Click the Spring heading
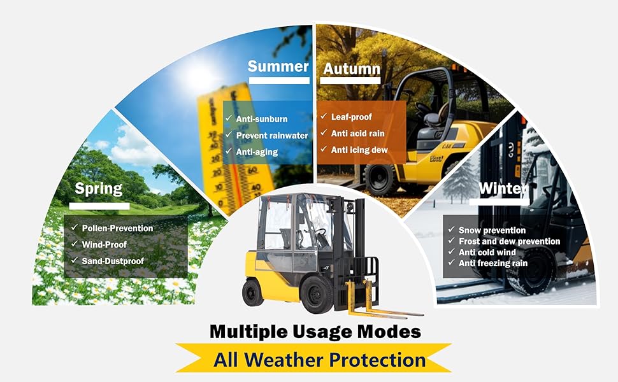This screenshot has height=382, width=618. (x=99, y=189)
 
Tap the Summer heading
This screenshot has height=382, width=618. (x=278, y=66)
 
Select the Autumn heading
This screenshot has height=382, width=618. (x=352, y=69)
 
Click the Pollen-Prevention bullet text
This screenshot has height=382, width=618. (x=117, y=229)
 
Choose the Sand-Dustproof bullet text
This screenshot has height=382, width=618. (x=113, y=261)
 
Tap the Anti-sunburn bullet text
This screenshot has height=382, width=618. (x=262, y=119)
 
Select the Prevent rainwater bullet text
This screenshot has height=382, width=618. (x=272, y=136)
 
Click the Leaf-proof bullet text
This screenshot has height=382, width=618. (x=352, y=117)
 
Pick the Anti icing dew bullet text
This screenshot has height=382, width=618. (x=359, y=150)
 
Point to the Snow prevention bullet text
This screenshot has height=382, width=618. (x=492, y=230)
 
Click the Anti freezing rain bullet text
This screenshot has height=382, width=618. (x=493, y=263)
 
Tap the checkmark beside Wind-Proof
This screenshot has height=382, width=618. (x=75, y=244)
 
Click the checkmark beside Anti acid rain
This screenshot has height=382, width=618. (x=324, y=132)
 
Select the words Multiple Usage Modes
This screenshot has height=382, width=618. (x=315, y=332)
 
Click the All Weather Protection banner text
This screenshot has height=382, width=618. (x=320, y=360)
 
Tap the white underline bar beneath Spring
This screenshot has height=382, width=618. (x=99, y=206)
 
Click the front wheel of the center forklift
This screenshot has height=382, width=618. (x=317, y=294)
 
